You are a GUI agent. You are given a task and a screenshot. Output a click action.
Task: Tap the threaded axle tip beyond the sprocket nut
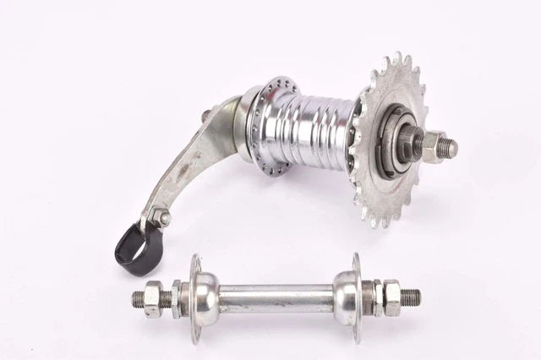(453, 148)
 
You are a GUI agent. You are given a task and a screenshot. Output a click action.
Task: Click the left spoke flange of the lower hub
(195, 298)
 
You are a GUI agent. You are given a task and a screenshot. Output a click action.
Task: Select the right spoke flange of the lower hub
(356, 298)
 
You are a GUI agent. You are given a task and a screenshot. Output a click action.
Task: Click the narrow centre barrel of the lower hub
(275, 298)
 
